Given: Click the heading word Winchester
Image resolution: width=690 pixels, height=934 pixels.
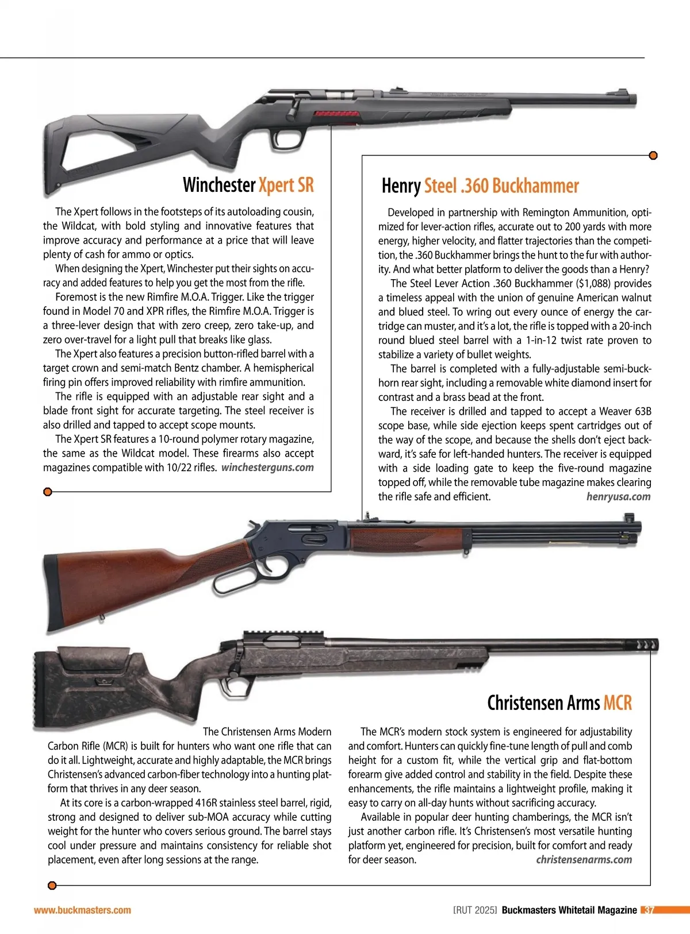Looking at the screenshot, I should (218, 185).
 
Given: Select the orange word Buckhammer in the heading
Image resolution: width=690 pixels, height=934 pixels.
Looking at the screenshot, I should (535, 186).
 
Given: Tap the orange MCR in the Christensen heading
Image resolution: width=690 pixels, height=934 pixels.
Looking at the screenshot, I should (618, 703).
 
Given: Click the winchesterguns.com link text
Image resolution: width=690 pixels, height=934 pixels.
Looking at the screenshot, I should (267, 468).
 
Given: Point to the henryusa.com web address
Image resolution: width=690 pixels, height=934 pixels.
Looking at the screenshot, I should (618, 497).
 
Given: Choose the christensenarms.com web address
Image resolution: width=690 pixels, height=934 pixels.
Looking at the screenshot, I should (584, 860).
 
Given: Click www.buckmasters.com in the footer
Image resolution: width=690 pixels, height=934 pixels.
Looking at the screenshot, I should (82, 910).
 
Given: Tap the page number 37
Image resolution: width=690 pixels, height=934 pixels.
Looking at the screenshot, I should (649, 910).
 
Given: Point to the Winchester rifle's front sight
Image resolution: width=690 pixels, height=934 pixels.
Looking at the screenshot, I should (624, 92).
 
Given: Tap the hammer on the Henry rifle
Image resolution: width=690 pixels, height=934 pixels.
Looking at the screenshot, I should (251, 525).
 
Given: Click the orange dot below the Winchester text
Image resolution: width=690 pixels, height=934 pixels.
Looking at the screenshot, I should (48, 492).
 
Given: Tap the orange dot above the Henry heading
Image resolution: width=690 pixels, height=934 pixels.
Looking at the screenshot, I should (653, 156).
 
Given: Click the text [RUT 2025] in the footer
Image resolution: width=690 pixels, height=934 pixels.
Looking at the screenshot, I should (475, 910).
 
